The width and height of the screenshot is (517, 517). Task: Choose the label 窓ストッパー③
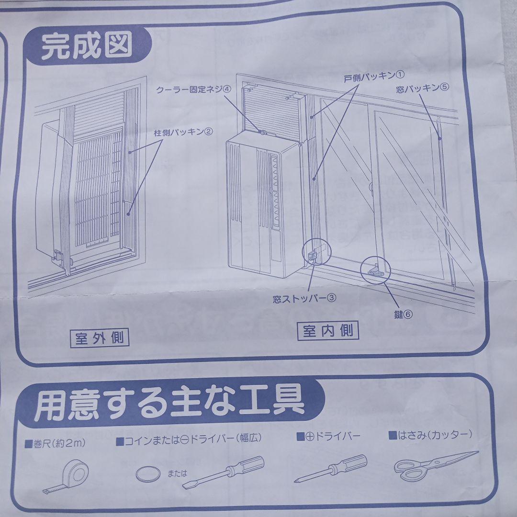[x=304, y=298]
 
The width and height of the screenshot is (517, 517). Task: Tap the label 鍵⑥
[x=403, y=315]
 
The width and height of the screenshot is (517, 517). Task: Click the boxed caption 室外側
[x=99, y=339]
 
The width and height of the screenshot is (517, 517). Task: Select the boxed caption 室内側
[x=329, y=331]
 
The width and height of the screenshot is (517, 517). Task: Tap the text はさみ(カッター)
[x=430, y=436]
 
